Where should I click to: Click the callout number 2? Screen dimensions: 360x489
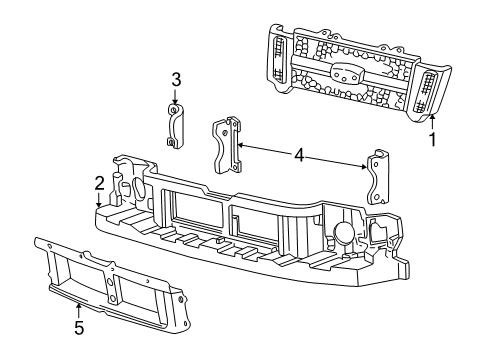pos(99,182)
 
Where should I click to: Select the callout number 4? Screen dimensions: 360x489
pos(299,156)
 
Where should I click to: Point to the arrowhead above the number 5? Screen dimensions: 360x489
pos(78,304)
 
